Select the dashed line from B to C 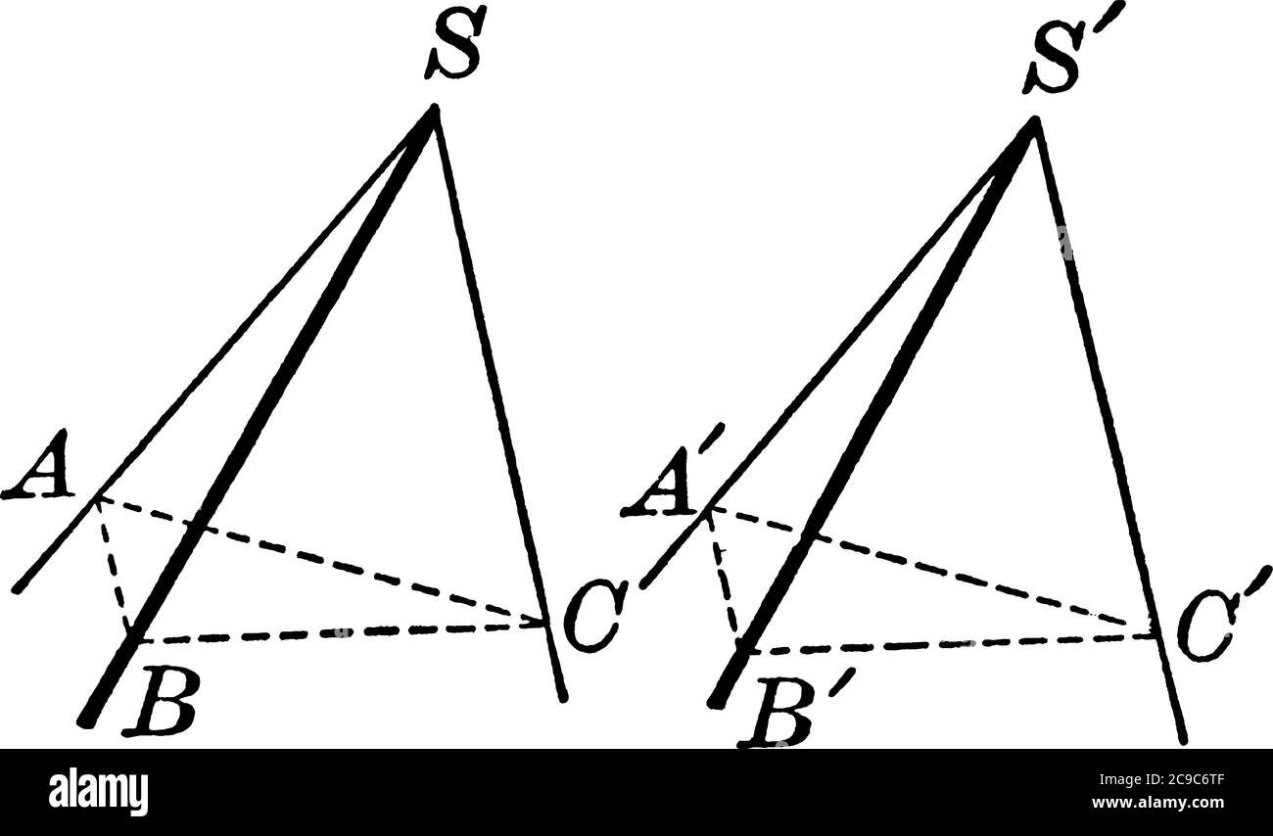coord(343,632)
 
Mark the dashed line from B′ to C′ coord(950,644)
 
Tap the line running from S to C coord(495,392)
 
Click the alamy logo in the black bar coord(99,791)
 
